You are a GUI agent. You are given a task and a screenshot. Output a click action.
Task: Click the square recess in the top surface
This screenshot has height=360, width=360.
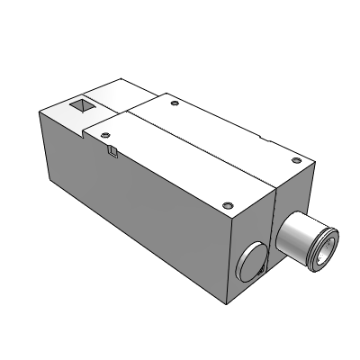coord(80,107)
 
